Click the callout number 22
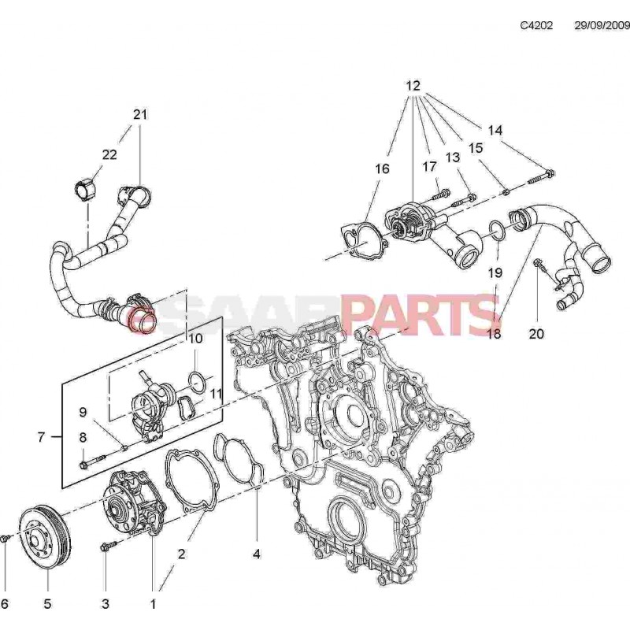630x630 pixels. (x=109, y=154)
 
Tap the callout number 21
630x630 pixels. (x=140, y=114)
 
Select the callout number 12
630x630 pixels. (x=413, y=85)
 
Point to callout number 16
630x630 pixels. (x=382, y=169)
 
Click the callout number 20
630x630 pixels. (x=536, y=333)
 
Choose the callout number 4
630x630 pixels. (x=256, y=554)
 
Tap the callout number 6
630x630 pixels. (x=5, y=604)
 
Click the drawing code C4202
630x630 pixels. (x=536, y=25)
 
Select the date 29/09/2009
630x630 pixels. (x=602, y=25)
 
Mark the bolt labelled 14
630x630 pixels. (x=543, y=176)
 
